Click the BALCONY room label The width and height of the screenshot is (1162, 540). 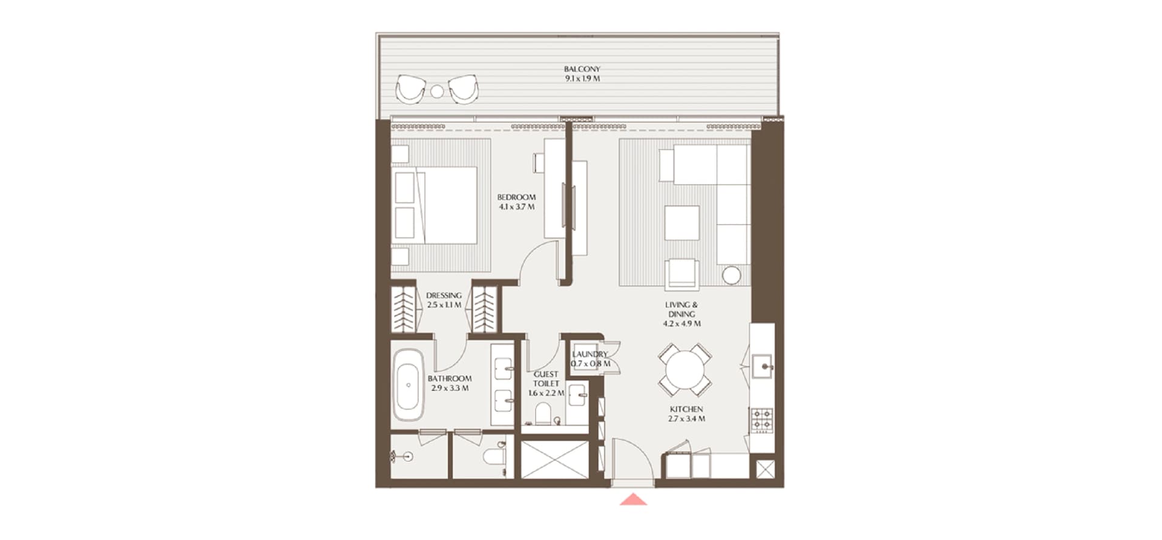pyautogui.click(x=582, y=70)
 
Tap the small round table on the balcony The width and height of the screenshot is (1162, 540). pyautogui.click(x=437, y=92)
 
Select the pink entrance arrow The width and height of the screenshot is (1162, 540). pyautogui.click(x=634, y=499)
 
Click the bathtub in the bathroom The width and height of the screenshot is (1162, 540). pyautogui.click(x=409, y=385)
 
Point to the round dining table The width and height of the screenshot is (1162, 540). pyautogui.click(x=684, y=369)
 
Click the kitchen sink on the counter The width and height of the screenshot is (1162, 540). pyautogui.click(x=763, y=366)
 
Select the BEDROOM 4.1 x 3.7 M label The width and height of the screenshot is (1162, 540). pyautogui.click(x=516, y=202)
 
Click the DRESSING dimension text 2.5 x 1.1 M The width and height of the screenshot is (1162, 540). pyautogui.click(x=444, y=305)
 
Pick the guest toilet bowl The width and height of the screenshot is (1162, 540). pyautogui.click(x=543, y=415)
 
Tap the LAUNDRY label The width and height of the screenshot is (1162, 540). pyautogui.click(x=589, y=354)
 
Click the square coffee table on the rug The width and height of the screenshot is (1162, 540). pyautogui.click(x=682, y=223)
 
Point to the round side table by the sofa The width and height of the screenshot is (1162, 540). pyautogui.click(x=731, y=275)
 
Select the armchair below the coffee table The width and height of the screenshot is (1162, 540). pyautogui.click(x=682, y=274)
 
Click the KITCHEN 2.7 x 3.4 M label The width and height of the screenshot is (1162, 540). pyautogui.click(x=686, y=414)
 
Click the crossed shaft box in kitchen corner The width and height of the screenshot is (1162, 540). pyautogui.click(x=765, y=469)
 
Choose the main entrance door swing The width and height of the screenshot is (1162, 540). pyautogui.click(x=632, y=460)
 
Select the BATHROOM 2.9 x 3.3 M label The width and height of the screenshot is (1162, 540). pyautogui.click(x=450, y=383)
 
